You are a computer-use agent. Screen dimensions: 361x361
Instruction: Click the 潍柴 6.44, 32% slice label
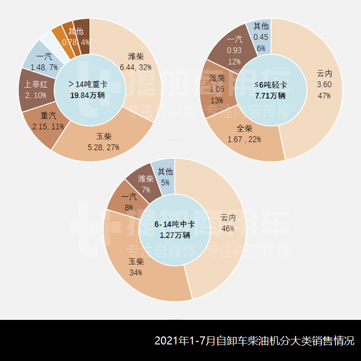point(136,62)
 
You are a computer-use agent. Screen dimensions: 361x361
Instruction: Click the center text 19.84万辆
point(87,95)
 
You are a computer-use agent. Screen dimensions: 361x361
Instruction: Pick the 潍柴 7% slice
point(146,183)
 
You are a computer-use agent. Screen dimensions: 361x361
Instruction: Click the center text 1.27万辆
point(175,235)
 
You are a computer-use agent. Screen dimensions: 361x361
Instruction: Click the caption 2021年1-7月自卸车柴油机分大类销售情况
point(254,341)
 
